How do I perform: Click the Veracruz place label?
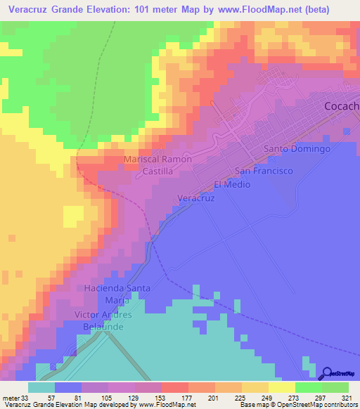tap(195, 198)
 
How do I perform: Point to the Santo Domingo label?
tap(297, 149)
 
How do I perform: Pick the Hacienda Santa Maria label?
tap(117, 294)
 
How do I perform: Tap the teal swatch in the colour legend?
tap(41, 387)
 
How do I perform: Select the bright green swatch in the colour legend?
tap(309, 387)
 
